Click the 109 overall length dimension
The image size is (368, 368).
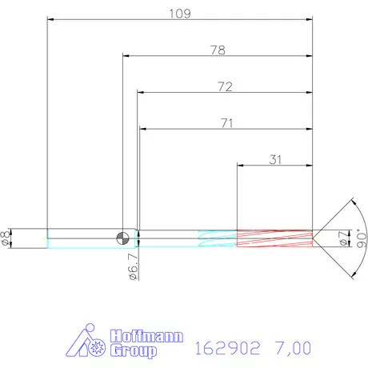tap(179, 13)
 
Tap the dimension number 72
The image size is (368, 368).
tap(224, 86)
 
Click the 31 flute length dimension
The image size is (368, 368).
tap(275, 159)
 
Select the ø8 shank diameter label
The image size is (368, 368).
tap(7, 237)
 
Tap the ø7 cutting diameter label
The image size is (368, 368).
tap(342, 237)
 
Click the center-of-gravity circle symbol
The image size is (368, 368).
tap(122, 237)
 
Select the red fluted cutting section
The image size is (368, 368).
tap(274, 237)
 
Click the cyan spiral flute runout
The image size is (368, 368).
tap(216, 237)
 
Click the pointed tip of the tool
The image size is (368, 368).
tap(313, 237)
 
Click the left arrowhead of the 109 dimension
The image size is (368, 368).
tap(50, 19)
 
